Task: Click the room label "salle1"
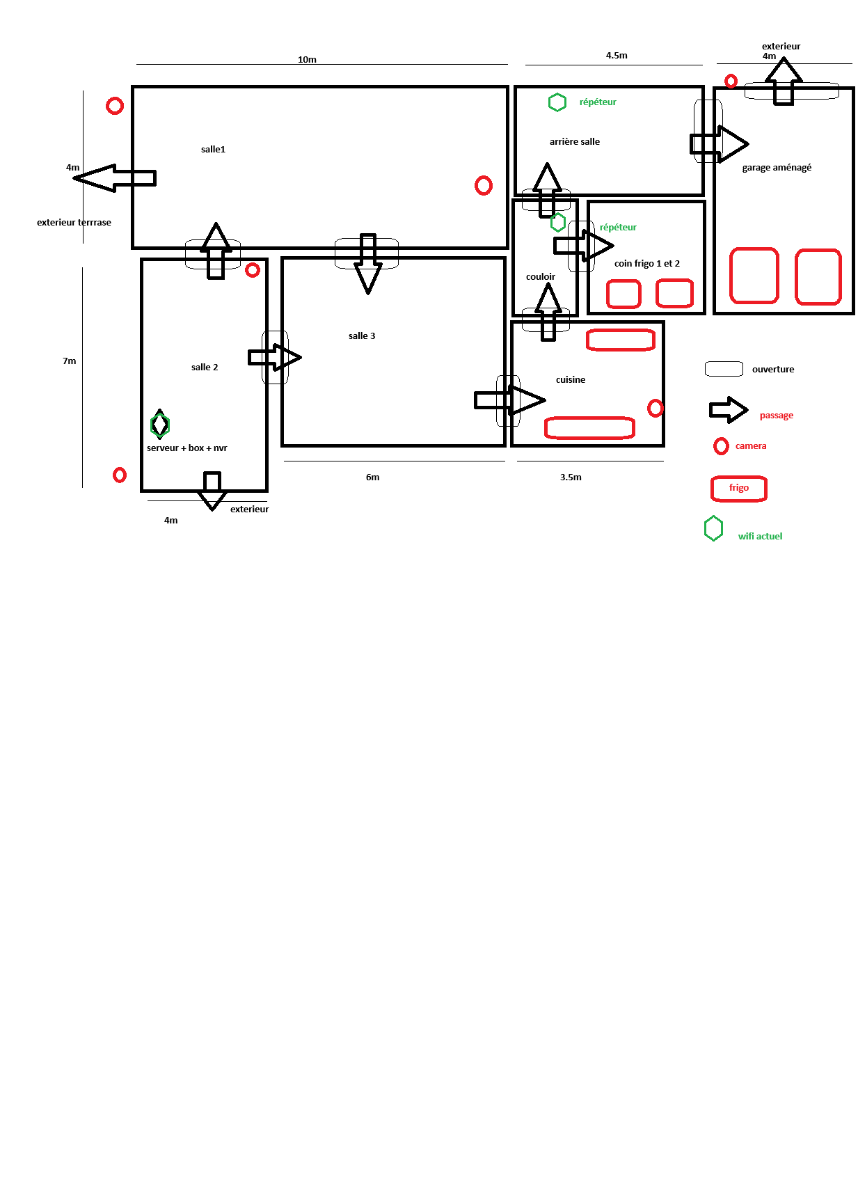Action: click(x=213, y=149)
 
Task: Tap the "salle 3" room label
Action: click(x=362, y=335)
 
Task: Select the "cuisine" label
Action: click(x=571, y=379)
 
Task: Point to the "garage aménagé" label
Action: click(x=777, y=168)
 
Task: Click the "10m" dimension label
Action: click(x=307, y=59)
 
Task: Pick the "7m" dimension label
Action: click(x=70, y=361)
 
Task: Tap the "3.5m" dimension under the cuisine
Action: click(x=571, y=477)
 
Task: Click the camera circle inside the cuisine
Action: click(x=656, y=408)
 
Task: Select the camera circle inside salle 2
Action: click(x=253, y=269)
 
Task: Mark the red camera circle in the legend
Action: click(x=721, y=446)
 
